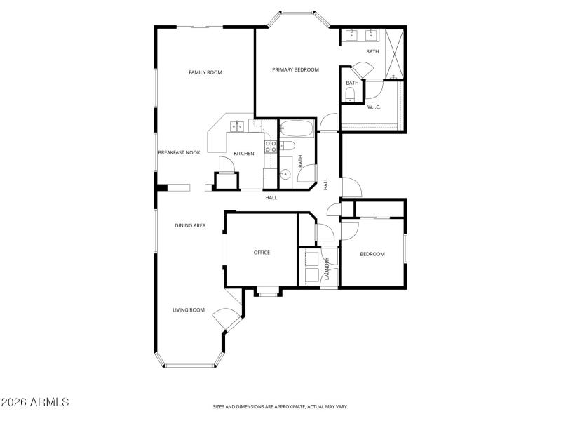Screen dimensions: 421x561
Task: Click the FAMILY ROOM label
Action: (x=205, y=72)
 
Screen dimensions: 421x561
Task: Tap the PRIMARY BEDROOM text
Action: (x=295, y=69)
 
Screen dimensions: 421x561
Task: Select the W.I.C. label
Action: (x=373, y=107)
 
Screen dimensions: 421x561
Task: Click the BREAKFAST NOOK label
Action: (x=179, y=152)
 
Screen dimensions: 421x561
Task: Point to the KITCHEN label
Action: (x=243, y=154)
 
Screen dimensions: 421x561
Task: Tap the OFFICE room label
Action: (x=262, y=253)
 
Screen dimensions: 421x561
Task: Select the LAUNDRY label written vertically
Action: (x=327, y=269)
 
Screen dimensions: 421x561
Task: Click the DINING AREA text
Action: (x=190, y=225)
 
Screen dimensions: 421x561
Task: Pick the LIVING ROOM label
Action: (x=189, y=309)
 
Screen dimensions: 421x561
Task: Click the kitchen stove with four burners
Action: (x=269, y=147)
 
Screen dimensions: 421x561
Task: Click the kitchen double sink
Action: (x=238, y=126)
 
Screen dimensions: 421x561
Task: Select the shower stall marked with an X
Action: (x=395, y=53)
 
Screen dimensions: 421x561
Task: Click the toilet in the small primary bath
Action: (x=351, y=95)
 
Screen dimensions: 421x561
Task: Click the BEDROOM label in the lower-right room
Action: (x=372, y=254)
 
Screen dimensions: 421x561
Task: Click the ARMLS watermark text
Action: (x=35, y=403)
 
